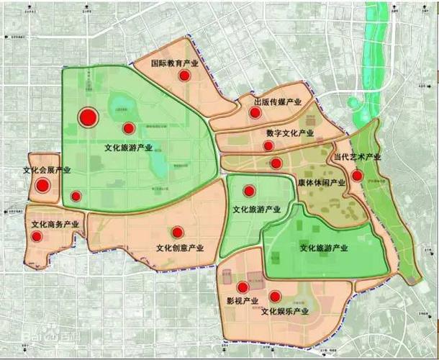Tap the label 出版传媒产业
277,103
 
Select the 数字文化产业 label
289,133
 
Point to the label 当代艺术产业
357,157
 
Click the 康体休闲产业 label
321,183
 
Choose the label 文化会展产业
47,171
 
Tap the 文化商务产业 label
55,225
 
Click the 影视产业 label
241,300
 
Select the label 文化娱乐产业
285,311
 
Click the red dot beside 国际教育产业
185,76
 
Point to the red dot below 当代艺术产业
357,175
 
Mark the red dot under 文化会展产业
42,186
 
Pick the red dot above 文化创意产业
177,232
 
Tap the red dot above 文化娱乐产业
275,296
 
